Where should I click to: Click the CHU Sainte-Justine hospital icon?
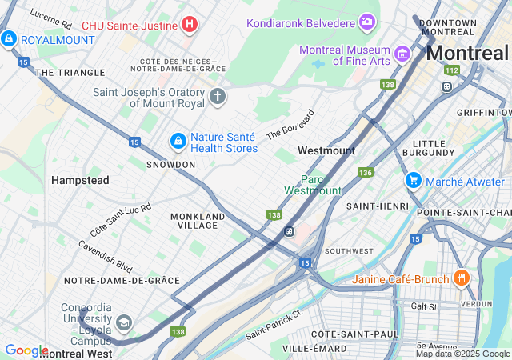[x=189, y=25]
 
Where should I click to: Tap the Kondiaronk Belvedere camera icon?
[x=367, y=21]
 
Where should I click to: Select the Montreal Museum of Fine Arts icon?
[x=402, y=54]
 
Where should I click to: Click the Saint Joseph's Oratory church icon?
[x=217, y=98]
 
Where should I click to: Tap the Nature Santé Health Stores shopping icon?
[x=178, y=142]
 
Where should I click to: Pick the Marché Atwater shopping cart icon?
[x=413, y=181]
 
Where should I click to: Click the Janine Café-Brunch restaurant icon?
[x=461, y=278]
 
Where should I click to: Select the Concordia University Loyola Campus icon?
[x=123, y=322]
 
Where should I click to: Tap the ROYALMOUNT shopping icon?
[x=9, y=38]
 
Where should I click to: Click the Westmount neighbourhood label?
[x=326, y=150]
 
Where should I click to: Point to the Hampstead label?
[x=80, y=181]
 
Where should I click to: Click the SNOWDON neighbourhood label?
[x=170, y=164]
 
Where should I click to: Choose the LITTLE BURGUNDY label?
[x=435, y=149]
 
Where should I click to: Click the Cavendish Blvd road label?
[x=105, y=256]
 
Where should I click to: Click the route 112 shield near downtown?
[x=452, y=70]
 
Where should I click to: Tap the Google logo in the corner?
[x=26, y=350]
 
